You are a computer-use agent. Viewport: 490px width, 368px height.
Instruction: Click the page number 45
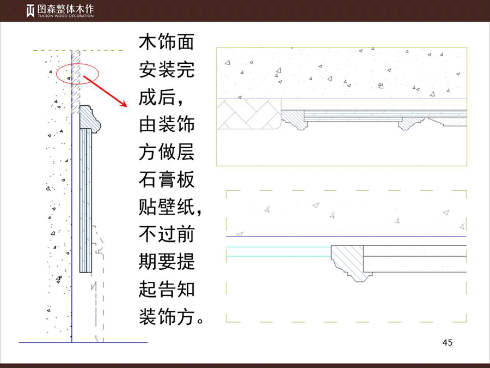click(447, 342)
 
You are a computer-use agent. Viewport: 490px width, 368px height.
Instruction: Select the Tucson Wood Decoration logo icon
click(30, 11)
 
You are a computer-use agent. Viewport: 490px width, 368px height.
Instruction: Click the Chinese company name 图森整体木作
click(65, 9)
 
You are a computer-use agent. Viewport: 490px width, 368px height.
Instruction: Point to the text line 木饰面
click(166, 42)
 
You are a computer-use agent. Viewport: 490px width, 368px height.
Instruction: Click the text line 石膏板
click(166, 179)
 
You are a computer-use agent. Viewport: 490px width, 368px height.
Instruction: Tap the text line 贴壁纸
click(170, 207)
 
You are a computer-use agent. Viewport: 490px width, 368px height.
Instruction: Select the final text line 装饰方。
click(171, 317)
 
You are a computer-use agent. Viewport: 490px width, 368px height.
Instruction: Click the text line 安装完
click(166, 69)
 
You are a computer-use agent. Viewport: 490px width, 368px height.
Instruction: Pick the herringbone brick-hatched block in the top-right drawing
click(249, 114)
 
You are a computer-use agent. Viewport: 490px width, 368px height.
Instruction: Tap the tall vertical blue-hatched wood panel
click(85, 200)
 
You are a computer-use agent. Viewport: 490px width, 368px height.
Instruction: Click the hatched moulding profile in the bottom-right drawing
click(351, 262)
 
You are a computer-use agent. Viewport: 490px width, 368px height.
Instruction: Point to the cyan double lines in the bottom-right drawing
click(278, 251)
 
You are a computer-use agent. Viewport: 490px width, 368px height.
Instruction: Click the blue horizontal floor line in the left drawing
click(83, 342)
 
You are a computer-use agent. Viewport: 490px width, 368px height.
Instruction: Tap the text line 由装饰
click(166, 124)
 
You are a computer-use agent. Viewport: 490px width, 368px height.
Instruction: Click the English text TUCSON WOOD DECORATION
click(66, 16)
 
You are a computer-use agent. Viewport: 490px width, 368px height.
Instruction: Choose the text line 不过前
click(166, 234)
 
